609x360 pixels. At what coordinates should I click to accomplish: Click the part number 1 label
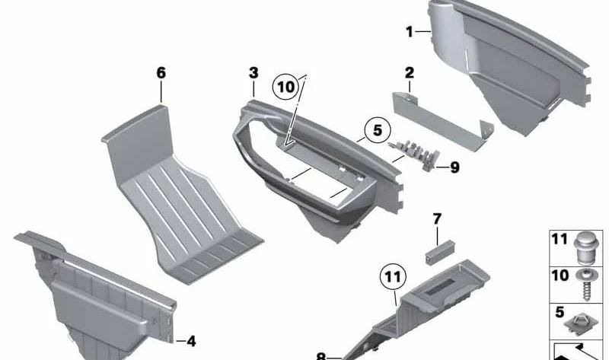(x=410, y=32)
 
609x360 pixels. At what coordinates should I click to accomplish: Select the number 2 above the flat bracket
(x=410, y=72)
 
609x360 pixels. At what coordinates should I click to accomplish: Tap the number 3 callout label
(x=253, y=73)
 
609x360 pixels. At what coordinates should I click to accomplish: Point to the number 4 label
(x=191, y=342)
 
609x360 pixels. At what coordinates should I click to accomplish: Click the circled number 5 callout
(x=378, y=130)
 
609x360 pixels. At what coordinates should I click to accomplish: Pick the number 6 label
(x=161, y=73)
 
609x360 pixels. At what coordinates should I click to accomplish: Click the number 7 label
(x=437, y=219)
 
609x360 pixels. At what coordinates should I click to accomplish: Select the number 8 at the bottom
(x=321, y=356)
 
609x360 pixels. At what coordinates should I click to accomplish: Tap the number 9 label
(x=454, y=167)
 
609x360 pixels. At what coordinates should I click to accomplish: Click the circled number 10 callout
(x=286, y=87)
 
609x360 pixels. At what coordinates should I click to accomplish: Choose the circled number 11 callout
(x=393, y=277)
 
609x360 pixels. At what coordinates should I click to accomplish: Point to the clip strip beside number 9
(x=414, y=154)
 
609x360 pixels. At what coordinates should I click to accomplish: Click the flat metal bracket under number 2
(x=444, y=121)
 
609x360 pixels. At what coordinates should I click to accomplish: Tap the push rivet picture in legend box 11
(x=586, y=247)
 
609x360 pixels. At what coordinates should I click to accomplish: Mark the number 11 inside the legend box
(x=560, y=239)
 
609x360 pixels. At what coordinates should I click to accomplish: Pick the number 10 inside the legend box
(x=560, y=276)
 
